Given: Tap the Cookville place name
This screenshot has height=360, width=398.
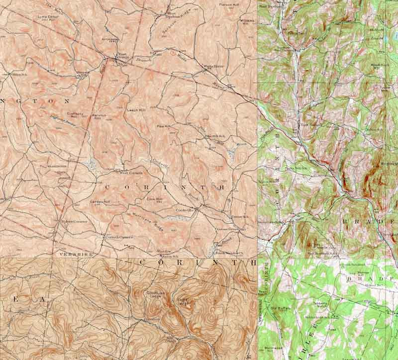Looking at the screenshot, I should tap(184, 210).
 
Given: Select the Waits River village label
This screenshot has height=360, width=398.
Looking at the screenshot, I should tap(208, 66).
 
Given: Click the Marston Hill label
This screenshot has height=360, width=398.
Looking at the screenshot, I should tap(97, 117).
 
